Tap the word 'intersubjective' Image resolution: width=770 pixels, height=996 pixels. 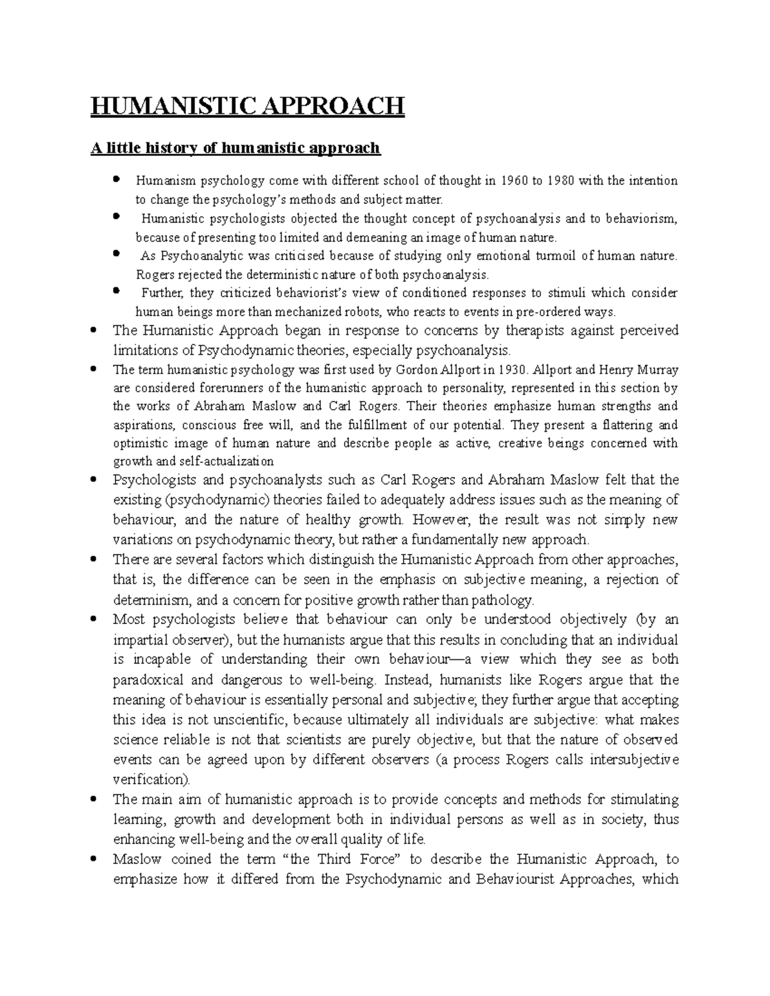pos(633,760)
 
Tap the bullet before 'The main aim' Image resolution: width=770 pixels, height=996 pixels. pos(95,799)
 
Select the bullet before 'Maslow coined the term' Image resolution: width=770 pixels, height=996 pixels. pos(95,859)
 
